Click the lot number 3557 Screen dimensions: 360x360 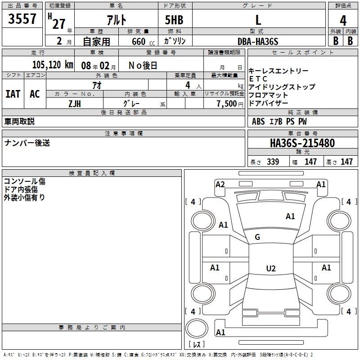pos(22,19)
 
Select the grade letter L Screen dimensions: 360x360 pos(258,20)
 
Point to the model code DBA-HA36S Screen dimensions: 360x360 pos(258,41)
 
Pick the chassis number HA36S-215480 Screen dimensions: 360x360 pos(302,143)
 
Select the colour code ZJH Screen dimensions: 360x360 pos(74,103)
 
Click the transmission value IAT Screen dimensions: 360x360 pos(13,94)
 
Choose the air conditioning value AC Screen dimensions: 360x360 pos(35,94)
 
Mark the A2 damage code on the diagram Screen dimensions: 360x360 pos(220,184)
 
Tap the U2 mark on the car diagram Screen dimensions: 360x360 pos(270,269)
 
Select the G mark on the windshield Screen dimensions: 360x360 pos(257,237)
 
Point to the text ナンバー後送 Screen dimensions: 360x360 pos(27,143)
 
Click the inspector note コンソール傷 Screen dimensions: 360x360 pos(24,181)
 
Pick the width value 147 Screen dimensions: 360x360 pos(310,162)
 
